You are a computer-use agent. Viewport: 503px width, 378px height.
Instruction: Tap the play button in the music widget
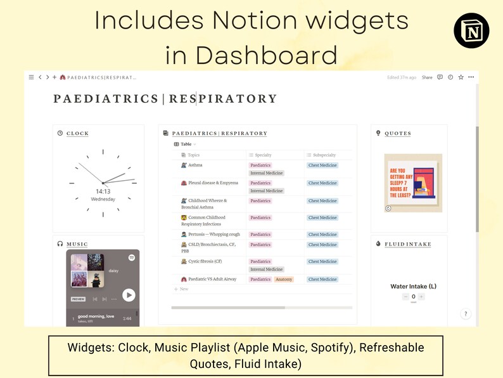coord(129,295)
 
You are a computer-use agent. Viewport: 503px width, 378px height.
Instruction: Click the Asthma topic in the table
coord(195,165)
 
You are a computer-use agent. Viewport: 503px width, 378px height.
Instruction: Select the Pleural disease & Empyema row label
coord(213,183)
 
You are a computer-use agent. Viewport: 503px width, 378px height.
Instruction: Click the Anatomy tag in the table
coord(284,279)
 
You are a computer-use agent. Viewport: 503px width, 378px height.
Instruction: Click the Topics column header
coord(193,155)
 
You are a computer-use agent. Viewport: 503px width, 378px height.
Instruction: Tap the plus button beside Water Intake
coord(421,296)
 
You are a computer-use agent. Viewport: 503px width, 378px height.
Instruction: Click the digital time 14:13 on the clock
coord(103,191)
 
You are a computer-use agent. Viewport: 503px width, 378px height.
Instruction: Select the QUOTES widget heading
coord(397,133)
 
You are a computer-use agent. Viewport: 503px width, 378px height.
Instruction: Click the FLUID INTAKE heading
coord(407,244)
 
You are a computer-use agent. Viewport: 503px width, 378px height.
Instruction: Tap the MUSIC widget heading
coord(77,244)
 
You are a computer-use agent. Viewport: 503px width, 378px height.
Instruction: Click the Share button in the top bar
coord(427,77)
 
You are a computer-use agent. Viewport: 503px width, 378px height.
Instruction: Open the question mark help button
coord(465,313)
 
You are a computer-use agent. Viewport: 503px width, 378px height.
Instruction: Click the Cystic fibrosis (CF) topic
coord(205,261)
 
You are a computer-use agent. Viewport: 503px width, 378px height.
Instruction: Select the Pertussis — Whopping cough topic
coord(213,235)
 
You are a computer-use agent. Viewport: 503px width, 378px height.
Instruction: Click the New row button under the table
coord(183,289)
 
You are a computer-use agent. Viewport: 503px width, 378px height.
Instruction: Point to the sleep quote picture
coord(414,183)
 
